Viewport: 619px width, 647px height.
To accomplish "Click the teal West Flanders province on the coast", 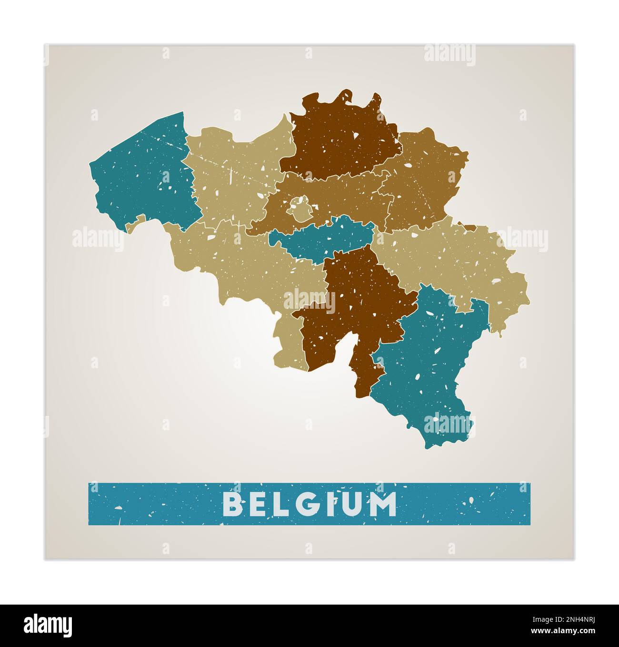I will click(x=143, y=176).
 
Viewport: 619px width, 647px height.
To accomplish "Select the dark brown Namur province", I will click(x=352, y=305).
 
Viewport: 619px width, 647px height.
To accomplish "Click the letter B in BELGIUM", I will click(x=233, y=504).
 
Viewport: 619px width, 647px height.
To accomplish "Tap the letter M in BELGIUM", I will click(x=381, y=504).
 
